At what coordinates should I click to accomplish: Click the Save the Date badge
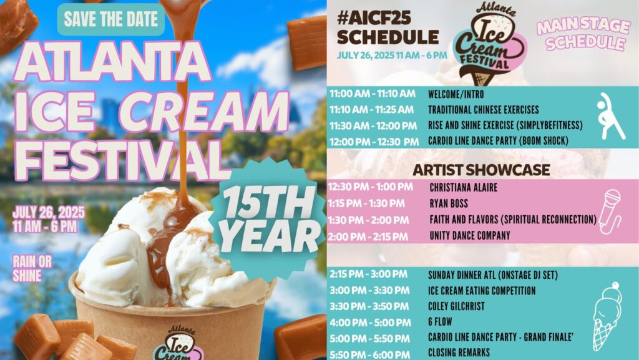(111, 19)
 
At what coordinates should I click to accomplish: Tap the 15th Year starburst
(269, 220)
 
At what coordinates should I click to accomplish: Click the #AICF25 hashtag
(374, 18)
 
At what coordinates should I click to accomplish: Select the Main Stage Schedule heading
(583, 34)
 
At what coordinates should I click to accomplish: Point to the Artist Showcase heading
(481, 170)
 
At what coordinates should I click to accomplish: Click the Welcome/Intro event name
(456, 94)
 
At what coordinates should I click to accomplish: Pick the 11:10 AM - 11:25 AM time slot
(372, 110)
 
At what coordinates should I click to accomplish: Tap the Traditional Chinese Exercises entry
(484, 110)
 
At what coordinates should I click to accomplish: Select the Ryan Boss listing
(449, 203)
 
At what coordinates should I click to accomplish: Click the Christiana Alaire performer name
(464, 188)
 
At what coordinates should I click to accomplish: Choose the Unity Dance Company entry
(470, 235)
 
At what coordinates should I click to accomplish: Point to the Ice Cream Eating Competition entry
(482, 291)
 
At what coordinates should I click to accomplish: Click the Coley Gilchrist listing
(456, 306)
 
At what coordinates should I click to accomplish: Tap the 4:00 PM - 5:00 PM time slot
(370, 323)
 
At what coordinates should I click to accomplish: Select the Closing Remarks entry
(459, 353)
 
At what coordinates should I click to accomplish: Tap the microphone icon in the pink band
(610, 212)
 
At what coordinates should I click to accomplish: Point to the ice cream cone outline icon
(607, 316)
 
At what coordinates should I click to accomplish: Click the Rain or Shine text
(32, 268)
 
